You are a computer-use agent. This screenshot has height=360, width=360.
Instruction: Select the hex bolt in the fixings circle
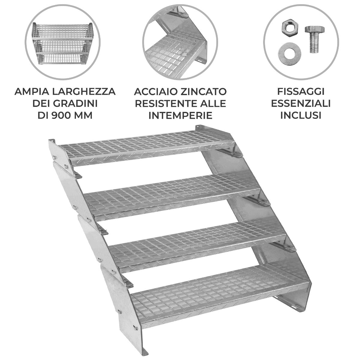point(313,39)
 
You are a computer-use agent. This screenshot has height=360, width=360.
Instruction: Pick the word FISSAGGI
point(301,91)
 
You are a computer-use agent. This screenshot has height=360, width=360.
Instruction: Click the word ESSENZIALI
point(301,103)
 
